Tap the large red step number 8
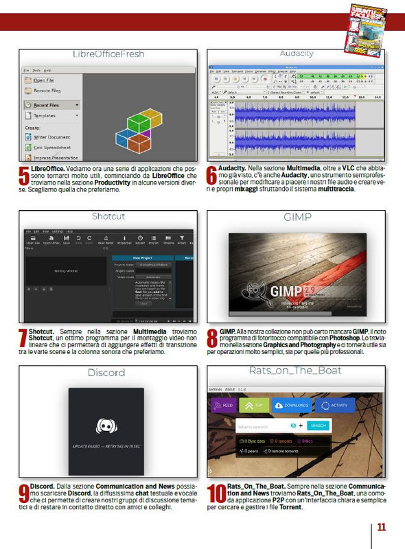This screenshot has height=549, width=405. [213, 338]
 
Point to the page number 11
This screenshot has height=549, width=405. [381, 527]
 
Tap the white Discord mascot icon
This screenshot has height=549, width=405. [107, 426]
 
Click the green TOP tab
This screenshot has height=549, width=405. [254, 406]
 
